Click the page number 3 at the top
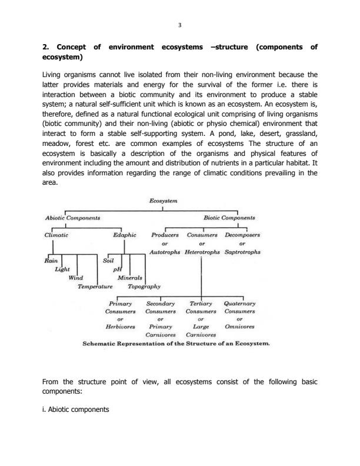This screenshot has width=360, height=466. (180, 25)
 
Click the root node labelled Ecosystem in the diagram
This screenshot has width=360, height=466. (162, 201)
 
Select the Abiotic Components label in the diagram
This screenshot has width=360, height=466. (72, 218)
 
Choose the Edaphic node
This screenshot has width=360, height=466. (124, 234)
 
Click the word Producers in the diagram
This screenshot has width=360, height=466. (165, 234)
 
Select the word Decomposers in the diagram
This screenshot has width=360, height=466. (242, 234)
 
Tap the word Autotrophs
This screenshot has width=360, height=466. (165, 251)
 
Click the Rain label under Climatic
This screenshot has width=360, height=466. (52, 260)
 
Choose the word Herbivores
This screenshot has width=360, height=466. (120, 326)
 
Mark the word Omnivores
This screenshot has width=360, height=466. (239, 326)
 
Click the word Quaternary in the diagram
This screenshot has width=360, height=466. (239, 304)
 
